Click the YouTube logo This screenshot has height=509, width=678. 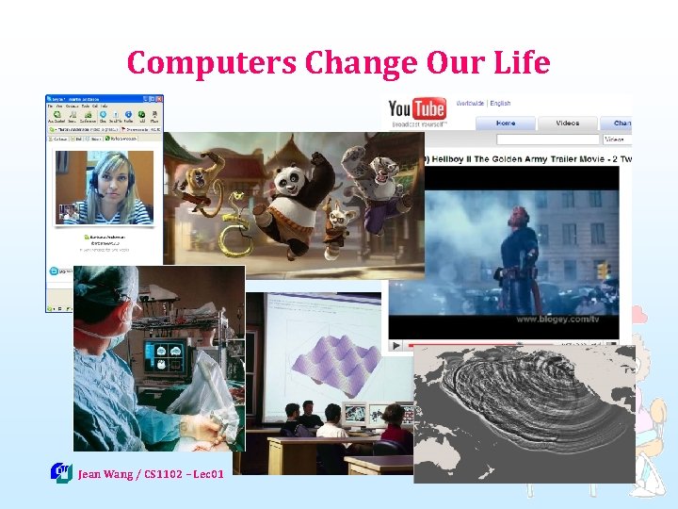click(417, 110)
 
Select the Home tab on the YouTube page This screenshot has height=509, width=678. click(506, 123)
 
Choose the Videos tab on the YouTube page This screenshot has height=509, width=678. click(568, 123)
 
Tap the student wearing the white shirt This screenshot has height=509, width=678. click(331, 425)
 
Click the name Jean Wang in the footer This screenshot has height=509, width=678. click(105, 474)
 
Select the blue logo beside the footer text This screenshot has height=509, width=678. click(61, 472)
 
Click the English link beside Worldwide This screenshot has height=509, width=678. click(500, 103)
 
